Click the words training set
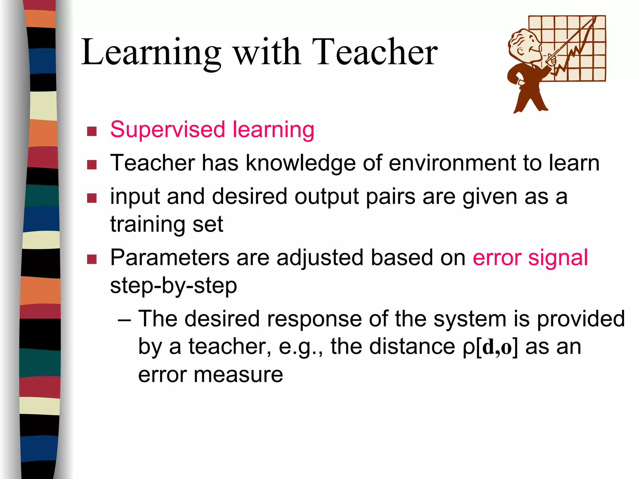pos(167,224)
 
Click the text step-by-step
pos(173,285)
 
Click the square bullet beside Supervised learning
pos(92,131)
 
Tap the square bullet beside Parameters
pos(92,259)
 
